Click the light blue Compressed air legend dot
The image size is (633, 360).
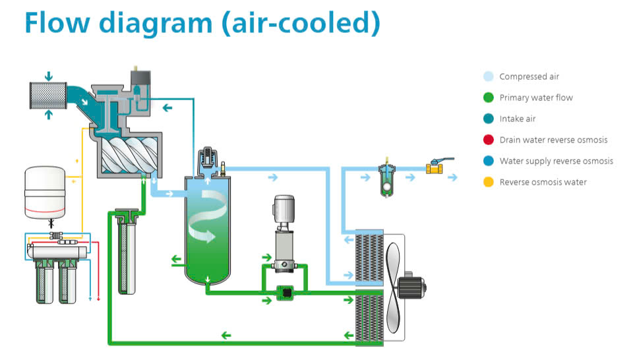click(488, 76)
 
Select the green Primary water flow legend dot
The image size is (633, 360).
click(488, 98)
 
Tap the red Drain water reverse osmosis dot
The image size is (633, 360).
click(488, 140)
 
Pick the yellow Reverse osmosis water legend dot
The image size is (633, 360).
click(488, 182)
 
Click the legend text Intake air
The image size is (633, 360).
click(518, 119)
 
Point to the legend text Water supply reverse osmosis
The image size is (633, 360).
click(556, 161)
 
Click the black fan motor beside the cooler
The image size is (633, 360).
click(415, 287)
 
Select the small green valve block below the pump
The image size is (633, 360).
click(284, 291)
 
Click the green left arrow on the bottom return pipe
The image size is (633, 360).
click(226, 336)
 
